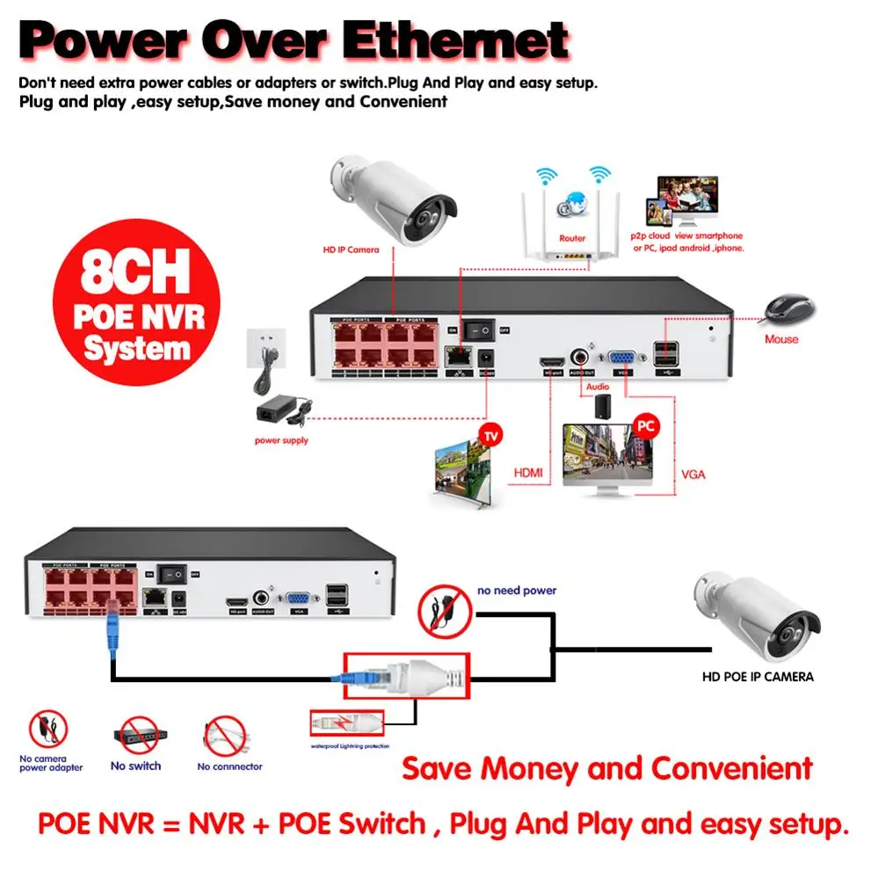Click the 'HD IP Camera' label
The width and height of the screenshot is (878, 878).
(350, 250)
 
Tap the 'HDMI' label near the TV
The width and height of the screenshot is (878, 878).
(527, 474)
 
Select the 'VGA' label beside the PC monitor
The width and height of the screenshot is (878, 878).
(693, 475)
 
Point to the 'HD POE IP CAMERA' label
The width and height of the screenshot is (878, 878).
(757, 677)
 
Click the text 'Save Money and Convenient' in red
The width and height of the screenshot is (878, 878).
(607, 768)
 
